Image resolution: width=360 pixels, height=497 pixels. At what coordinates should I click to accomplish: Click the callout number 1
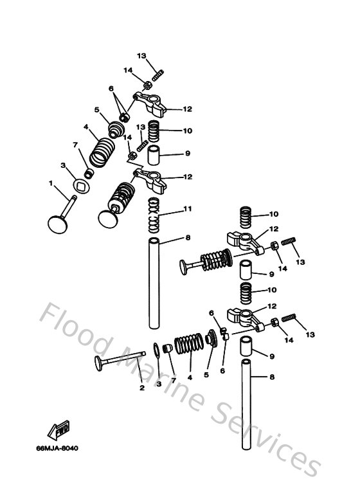click(51, 184)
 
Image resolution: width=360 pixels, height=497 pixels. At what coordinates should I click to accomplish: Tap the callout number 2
click(142, 387)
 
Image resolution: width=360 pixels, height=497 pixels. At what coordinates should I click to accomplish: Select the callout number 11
click(187, 209)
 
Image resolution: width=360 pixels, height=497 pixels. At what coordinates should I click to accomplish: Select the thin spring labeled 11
click(152, 215)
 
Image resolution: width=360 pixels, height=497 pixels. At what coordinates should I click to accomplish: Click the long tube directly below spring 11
click(155, 283)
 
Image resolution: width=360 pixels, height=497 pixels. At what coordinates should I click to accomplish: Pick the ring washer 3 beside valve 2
click(156, 350)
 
